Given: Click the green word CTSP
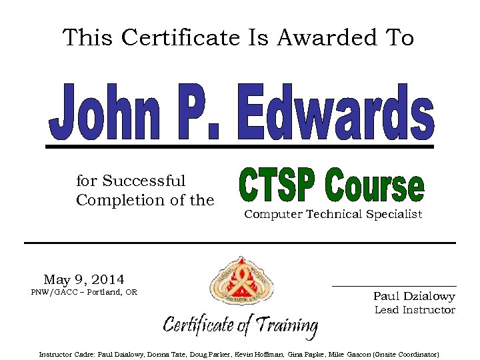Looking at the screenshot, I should tap(277, 187).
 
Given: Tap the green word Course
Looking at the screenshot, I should tap(375, 187).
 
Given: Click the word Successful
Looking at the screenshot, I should tap(143, 181).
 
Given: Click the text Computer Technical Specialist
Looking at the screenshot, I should tap(333, 214).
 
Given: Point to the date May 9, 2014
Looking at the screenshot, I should tap(84, 279).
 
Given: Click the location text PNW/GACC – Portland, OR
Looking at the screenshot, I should tap(84, 292).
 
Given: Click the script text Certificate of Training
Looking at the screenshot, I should tap(241, 325).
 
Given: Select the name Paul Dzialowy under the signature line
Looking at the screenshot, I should tap(414, 296).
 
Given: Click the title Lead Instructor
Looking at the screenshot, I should tap(415, 310).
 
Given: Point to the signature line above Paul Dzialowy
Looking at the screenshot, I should tap(394, 286).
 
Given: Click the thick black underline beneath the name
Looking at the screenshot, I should tap(240, 145).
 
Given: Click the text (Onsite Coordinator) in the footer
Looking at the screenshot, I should tap(406, 354).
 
